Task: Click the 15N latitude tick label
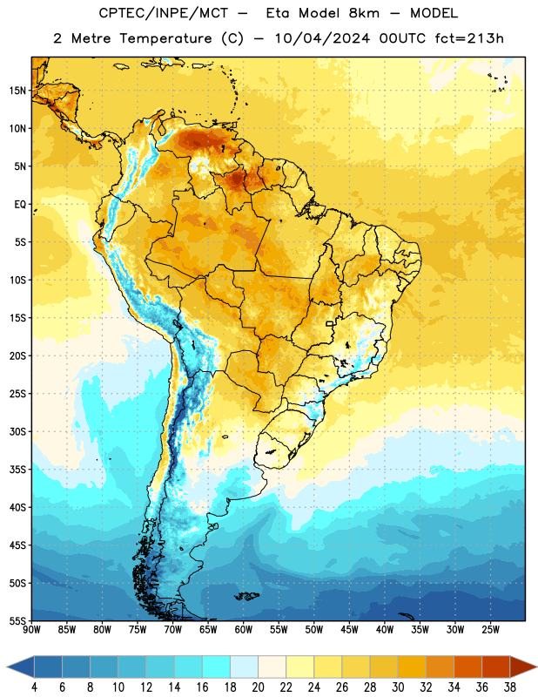[x=17, y=91]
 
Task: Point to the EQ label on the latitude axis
[x=20, y=205]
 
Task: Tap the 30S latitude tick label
[x=17, y=431]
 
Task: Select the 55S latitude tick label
[x=17, y=621]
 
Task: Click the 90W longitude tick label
[x=31, y=630]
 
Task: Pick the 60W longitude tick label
[x=244, y=630]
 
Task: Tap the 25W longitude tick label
[x=490, y=630]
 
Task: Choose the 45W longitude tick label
[x=349, y=630]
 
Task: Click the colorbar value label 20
[x=258, y=687]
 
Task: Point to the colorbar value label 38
[x=510, y=687]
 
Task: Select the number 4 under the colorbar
[x=34, y=687]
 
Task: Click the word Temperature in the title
[x=165, y=38]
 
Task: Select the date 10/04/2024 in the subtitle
[x=322, y=38]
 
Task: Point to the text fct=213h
[x=469, y=38]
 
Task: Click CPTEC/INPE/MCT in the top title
[x=163, y=13]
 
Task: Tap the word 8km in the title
[x=364, y=13]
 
